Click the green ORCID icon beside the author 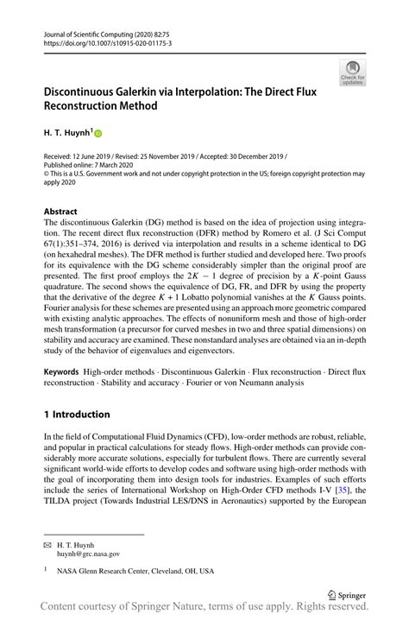tap(98, 134)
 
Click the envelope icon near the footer tap(48, 544)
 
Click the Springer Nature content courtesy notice tap(204, 610)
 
